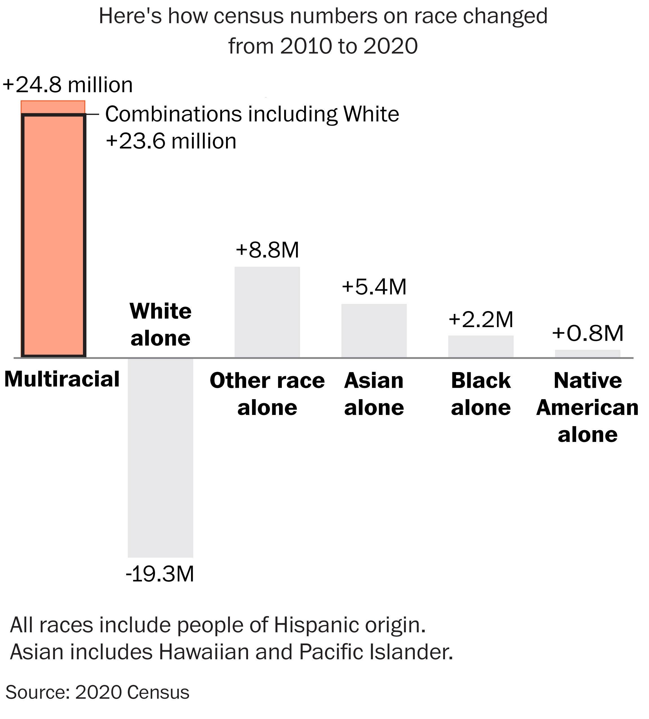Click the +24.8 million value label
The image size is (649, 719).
coord(68,85)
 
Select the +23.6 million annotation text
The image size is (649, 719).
coord(171,141)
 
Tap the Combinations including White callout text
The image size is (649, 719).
coord(252,114)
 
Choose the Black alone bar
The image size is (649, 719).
coord(481,346)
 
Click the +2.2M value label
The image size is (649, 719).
coord(481,319)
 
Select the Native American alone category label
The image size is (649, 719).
coord(587,407)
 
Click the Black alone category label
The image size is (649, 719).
coord(481,394)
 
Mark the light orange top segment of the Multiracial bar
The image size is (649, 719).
coord(53,107)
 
